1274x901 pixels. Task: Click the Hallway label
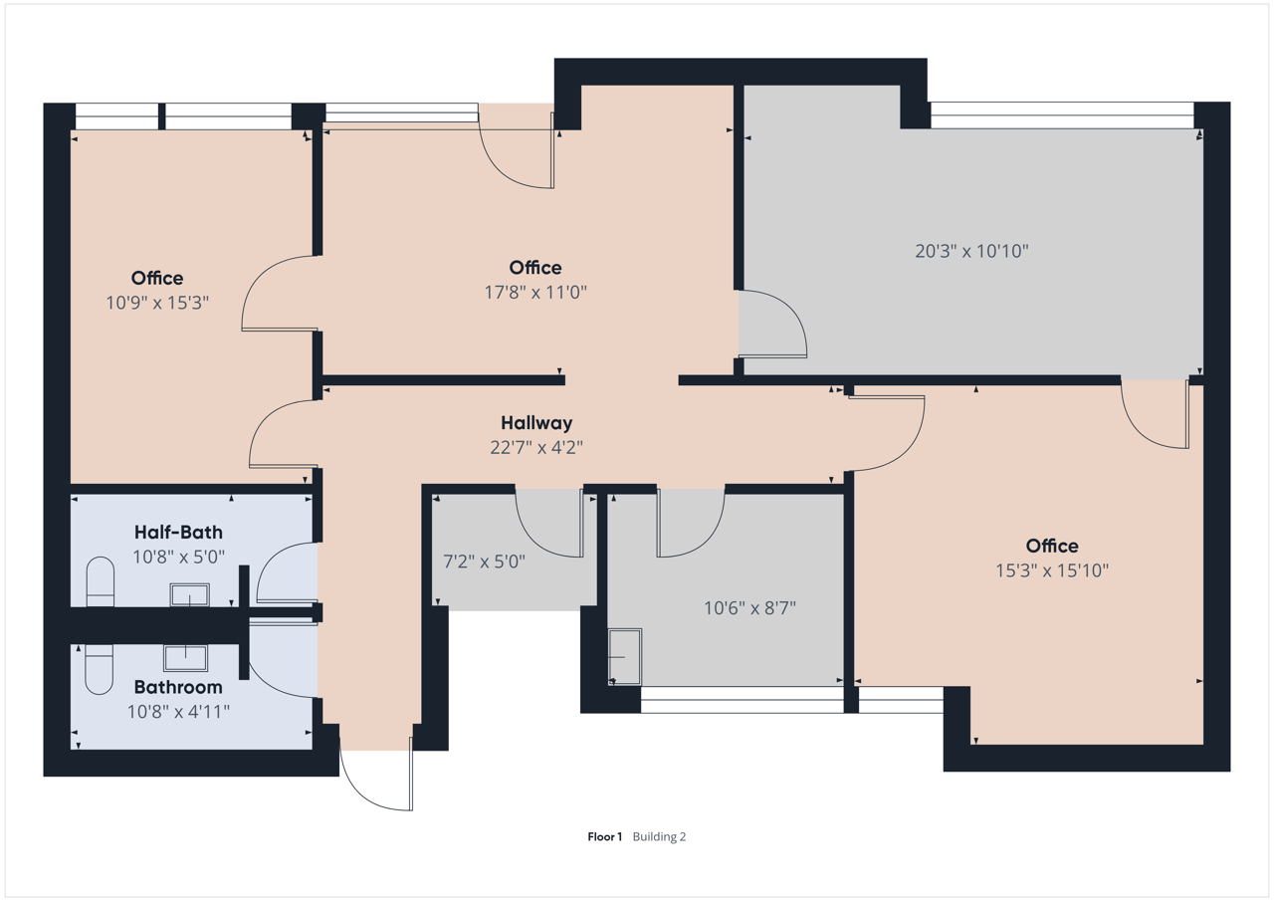536,423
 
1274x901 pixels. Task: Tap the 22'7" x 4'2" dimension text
536,448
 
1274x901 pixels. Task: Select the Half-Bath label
178,532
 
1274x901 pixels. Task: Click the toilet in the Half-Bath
101,581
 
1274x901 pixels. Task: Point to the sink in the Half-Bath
189,595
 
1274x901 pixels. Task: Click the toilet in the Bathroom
99,669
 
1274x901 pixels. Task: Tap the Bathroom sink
185,658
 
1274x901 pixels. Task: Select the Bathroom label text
178,687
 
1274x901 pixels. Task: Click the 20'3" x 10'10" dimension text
971,251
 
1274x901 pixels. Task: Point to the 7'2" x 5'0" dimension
484,562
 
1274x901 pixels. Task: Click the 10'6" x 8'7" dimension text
749,608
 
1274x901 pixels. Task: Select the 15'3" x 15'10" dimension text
1052,569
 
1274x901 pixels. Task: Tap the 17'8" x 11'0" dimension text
535,292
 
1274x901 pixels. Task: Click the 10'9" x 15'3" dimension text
157,303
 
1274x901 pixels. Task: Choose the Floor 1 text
604,836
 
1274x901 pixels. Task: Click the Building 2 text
659,836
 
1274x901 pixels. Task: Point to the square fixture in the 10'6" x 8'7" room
625,656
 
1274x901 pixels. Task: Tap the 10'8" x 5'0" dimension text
178,557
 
